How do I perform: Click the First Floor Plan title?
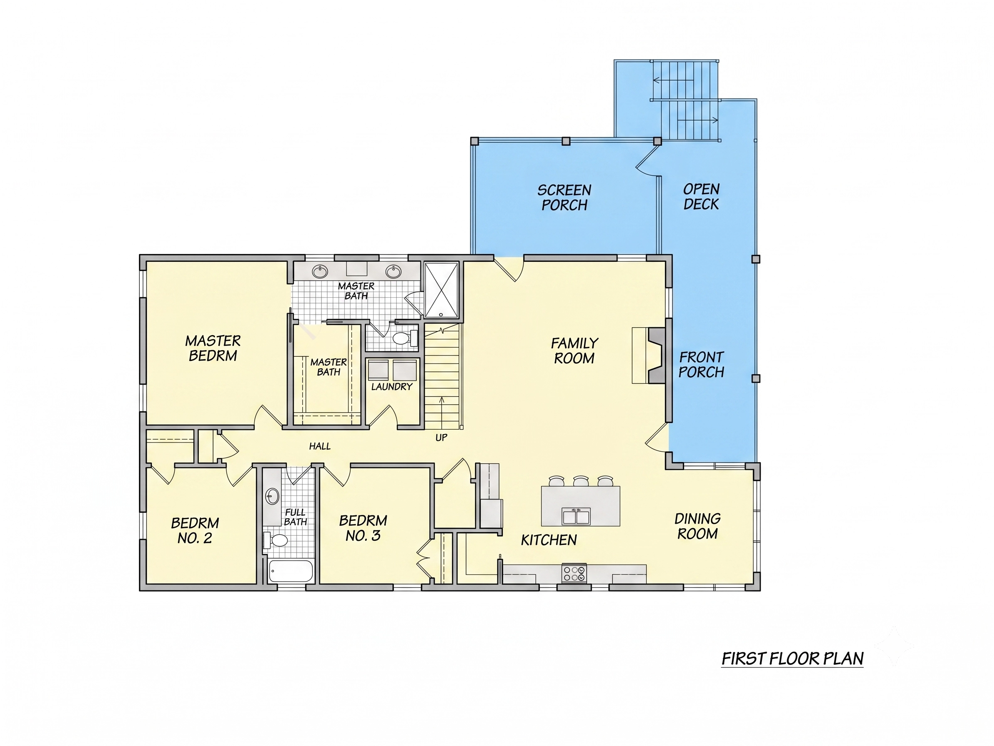pos(792,659)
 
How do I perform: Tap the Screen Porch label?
pos(564,197)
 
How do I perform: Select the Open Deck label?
pos(702,196)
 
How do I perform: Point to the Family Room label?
pos(574,351)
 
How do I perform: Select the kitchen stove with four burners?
pos(574,573)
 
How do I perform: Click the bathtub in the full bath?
pos(291,571)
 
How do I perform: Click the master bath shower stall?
pos(441,290)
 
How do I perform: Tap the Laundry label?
pos(392,387)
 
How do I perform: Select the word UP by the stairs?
pos(441,438)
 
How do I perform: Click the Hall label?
pos(319,446)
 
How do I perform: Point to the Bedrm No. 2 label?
pos(195,531)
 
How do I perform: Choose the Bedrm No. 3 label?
pos(363,528)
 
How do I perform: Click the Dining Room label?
pos(697,526)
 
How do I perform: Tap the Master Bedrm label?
pos(213,348)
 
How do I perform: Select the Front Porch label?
pos(702,365)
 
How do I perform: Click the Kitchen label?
pos(549,540)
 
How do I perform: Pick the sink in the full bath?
pos(272,497)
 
